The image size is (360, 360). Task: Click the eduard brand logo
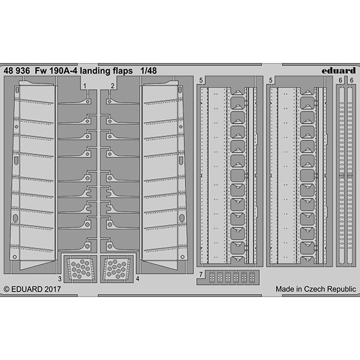click(x=338, y=70)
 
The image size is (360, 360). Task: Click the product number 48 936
click(x=17, y=71)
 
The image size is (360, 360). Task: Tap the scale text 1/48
click(x=149, y=71)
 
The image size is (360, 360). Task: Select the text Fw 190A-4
click(x=57, y=71)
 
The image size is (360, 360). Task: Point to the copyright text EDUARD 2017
click(x=36, y=289)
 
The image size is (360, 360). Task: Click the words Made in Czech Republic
click(x=316, y=289)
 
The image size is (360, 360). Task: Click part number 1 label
click(x=85, y=86)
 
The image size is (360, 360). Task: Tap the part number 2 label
click(x=113, y=86)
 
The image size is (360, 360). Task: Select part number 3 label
click(x=59, y=279)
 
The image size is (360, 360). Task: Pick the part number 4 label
click(x=137, y=278)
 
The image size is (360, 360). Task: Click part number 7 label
click(x=201, y=274)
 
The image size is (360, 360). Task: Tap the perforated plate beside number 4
click(x=116, y=269)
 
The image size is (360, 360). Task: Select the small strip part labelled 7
click(x=232, y=277)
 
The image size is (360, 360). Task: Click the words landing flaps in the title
click(x=107, y=71)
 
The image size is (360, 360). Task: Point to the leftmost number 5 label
click(x=201, y=80)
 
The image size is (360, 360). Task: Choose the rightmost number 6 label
click(x=352, y=80)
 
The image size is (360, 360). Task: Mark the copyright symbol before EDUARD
click(x=7, y=289)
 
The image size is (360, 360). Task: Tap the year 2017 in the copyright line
click(x=53, y=289)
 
